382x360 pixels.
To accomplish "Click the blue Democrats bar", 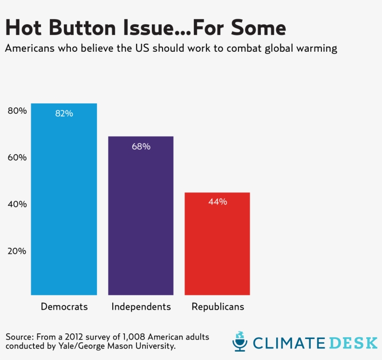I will [x=64, y=200].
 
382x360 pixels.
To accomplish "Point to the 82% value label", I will [x=64, y=113].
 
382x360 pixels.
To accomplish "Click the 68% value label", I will [x=141, y=146].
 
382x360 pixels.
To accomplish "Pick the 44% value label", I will [x=218, y=202].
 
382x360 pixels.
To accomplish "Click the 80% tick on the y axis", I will [x=17, y=111].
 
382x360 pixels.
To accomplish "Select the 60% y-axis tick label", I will [x=17, y=157].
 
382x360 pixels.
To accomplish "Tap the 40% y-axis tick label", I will [x=17, y=204].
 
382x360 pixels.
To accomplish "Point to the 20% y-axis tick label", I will [x=17, y=251].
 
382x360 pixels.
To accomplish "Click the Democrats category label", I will [x=64, y=307].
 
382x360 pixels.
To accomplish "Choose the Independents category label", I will [x=141, y=307].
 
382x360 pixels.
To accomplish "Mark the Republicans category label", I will [x=218, y=307].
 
